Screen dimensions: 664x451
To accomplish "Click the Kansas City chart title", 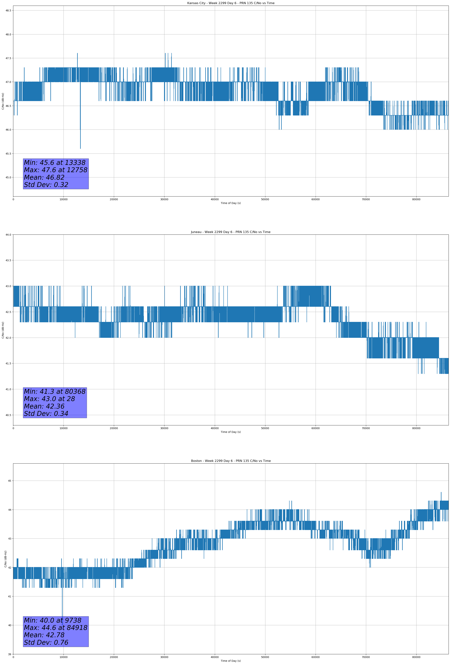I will coord(231,3).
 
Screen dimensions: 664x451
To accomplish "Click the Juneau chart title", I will coord(231,232).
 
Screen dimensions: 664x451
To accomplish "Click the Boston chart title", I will coord(231,461).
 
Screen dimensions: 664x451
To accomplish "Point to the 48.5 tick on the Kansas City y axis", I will coord(8,10).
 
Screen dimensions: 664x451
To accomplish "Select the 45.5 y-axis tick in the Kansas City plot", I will coord(8,154).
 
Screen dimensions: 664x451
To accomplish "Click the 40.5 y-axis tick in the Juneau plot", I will coord(8,415).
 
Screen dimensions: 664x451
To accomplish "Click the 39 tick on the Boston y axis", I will coord(9,654).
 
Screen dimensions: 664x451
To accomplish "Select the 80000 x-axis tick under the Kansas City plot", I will coord(416,199).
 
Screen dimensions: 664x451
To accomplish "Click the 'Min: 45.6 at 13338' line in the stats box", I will coord(55,163).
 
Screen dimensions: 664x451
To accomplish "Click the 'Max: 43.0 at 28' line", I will coord(49,399).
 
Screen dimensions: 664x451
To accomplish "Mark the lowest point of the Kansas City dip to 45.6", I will coord(80,148).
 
